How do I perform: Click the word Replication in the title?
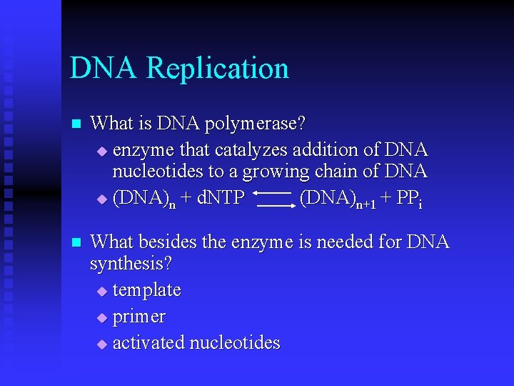click(218, 69)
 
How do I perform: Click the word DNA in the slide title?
click(104, 69)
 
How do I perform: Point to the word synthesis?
click(131, 264)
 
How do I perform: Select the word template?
click(147, 290)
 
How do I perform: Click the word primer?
click(139, 316)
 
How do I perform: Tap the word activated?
click(148, 342)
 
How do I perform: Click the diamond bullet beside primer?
click(101, 317)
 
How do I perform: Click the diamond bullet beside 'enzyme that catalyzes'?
click(101, 151)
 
